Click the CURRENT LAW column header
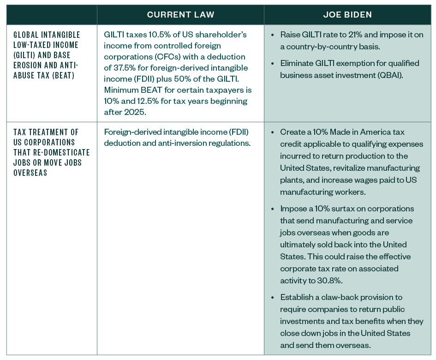click(180, 15)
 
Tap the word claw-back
click(352, 297)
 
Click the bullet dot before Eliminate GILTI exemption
click(274, 63)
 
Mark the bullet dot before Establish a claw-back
click(274, 297)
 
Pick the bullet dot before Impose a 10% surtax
click(274, 209)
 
